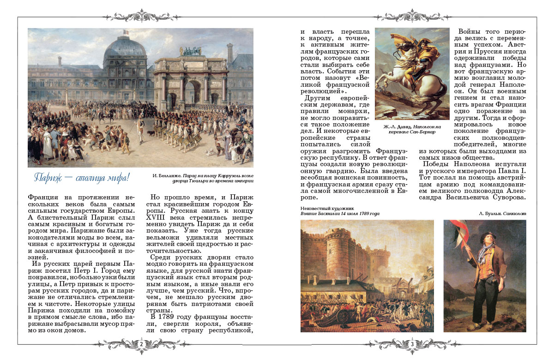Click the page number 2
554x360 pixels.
[142, 344]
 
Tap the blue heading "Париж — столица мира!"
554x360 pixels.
[82, 178]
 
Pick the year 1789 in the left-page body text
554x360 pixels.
[170, 318]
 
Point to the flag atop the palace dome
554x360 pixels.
[125, 32]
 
